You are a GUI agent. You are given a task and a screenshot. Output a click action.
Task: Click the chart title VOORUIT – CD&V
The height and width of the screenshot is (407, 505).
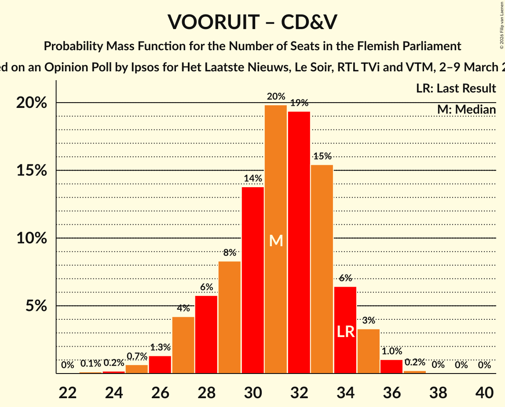tap(252, 22)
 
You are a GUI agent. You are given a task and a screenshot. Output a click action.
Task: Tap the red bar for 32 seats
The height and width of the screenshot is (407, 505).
tap(299, 242)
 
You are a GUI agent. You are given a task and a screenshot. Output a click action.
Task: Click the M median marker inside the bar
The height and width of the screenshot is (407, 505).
tap(276, 240)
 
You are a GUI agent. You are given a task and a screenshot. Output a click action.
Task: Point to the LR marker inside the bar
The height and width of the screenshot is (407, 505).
tap(346, 332)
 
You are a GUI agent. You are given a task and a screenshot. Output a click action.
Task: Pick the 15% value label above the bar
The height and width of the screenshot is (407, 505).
tap(322, 156)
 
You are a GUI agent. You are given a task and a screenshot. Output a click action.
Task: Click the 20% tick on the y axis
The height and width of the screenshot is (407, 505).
tap(32, 103)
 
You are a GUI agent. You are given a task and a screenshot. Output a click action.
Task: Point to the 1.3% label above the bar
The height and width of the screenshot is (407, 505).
tap(160, 347)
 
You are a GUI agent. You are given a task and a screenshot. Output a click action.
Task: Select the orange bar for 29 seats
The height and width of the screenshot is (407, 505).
tap(230, 317)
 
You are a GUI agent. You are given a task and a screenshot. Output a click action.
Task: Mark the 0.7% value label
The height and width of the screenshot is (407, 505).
tap(137, 356)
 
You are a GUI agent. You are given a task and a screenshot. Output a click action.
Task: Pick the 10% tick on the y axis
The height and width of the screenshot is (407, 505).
tap(32, 238)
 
